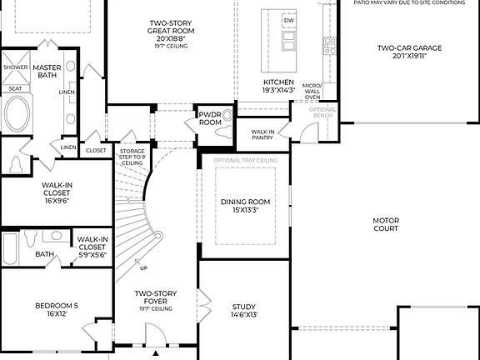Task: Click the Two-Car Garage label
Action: click(407, 48)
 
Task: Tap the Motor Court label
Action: click(386, 225)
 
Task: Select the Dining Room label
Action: click(245, 202)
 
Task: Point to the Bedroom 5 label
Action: click(57, 306)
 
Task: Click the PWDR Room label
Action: click(210, 117)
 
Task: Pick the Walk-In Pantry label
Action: click(265, 133)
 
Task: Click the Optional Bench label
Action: click(322, 112)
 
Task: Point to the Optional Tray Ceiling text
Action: click(245, 160)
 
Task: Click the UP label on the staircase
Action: click(143, 268)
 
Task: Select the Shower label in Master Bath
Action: click(15, 67)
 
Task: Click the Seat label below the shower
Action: click(15, 87)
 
